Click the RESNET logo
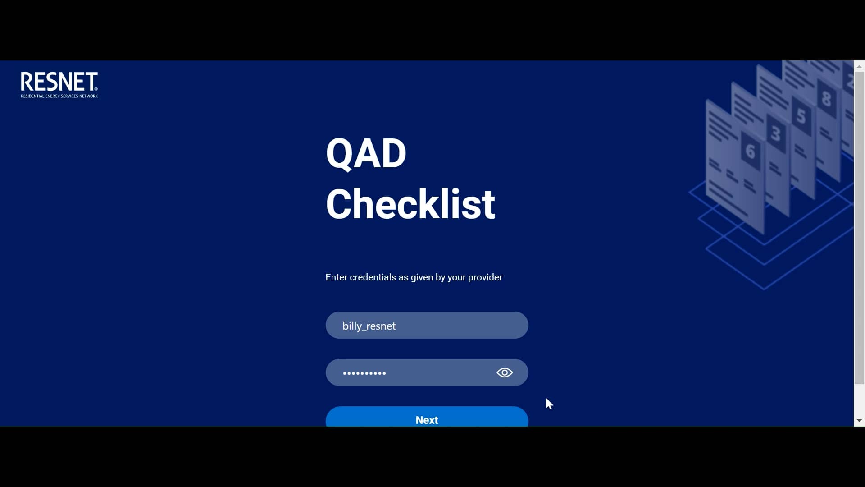pos(59,82)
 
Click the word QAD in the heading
pos(366,153)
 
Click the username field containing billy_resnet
pos(426,326)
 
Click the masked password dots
pos(364,373)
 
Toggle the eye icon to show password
pos(505,372)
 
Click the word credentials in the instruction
pos(373,277)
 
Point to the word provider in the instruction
pos(485,277)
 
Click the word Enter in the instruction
pos(336,277)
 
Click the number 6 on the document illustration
pos(750,152)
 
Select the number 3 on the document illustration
pos(776,134)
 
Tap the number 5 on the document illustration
pos(801,116)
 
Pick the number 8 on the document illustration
pos(826,99)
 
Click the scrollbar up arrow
pos(859,66)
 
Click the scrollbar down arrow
pos(859,421)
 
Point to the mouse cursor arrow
pos(549,403)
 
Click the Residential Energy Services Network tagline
pos(59,96)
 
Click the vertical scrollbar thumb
pos(859,225)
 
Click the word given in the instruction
pos(422,277)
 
